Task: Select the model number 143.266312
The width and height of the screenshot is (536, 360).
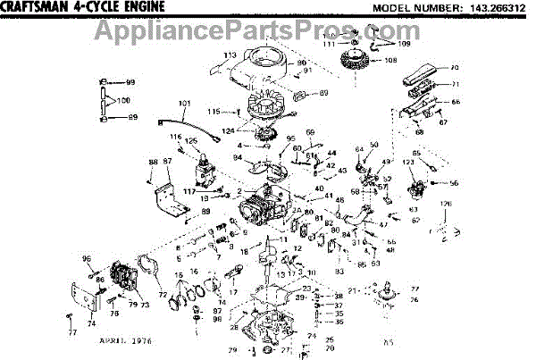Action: click(x=496, y=8)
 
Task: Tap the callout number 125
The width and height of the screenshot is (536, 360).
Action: click(x=190, y=142)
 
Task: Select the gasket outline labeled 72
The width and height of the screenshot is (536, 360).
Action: click(x=148, y=268)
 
